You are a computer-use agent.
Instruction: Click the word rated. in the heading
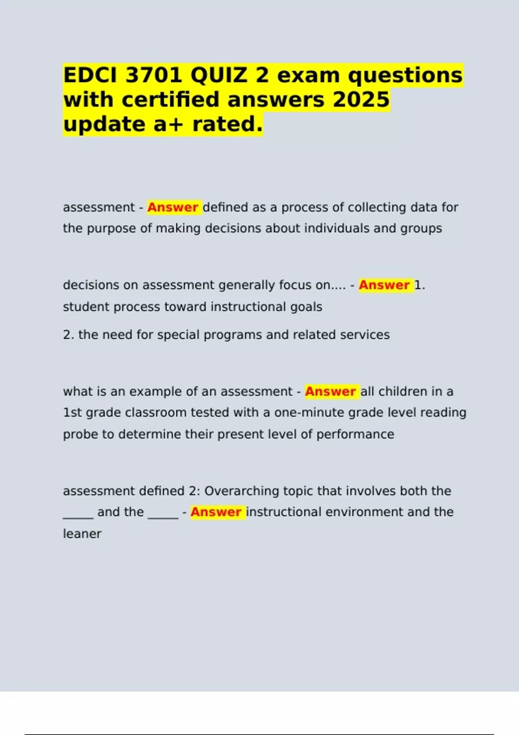click(227, 125)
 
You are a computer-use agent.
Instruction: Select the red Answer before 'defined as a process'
click(173, 208)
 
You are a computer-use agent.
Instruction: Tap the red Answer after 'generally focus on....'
click(384, 285)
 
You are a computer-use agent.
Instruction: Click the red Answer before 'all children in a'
click(330, 392)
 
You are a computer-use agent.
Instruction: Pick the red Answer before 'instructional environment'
click(216, 512)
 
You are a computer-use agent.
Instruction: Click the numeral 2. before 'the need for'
click(68, 335)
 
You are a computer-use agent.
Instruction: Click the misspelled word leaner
click(82, 534)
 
